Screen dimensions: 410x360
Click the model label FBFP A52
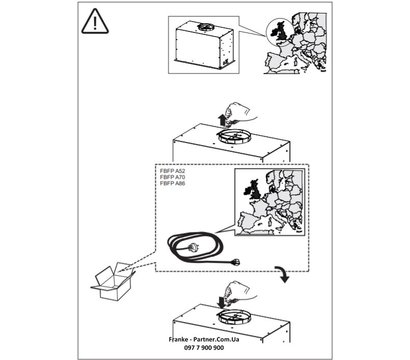pos(174,173)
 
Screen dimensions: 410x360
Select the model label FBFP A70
pos(174,180)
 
